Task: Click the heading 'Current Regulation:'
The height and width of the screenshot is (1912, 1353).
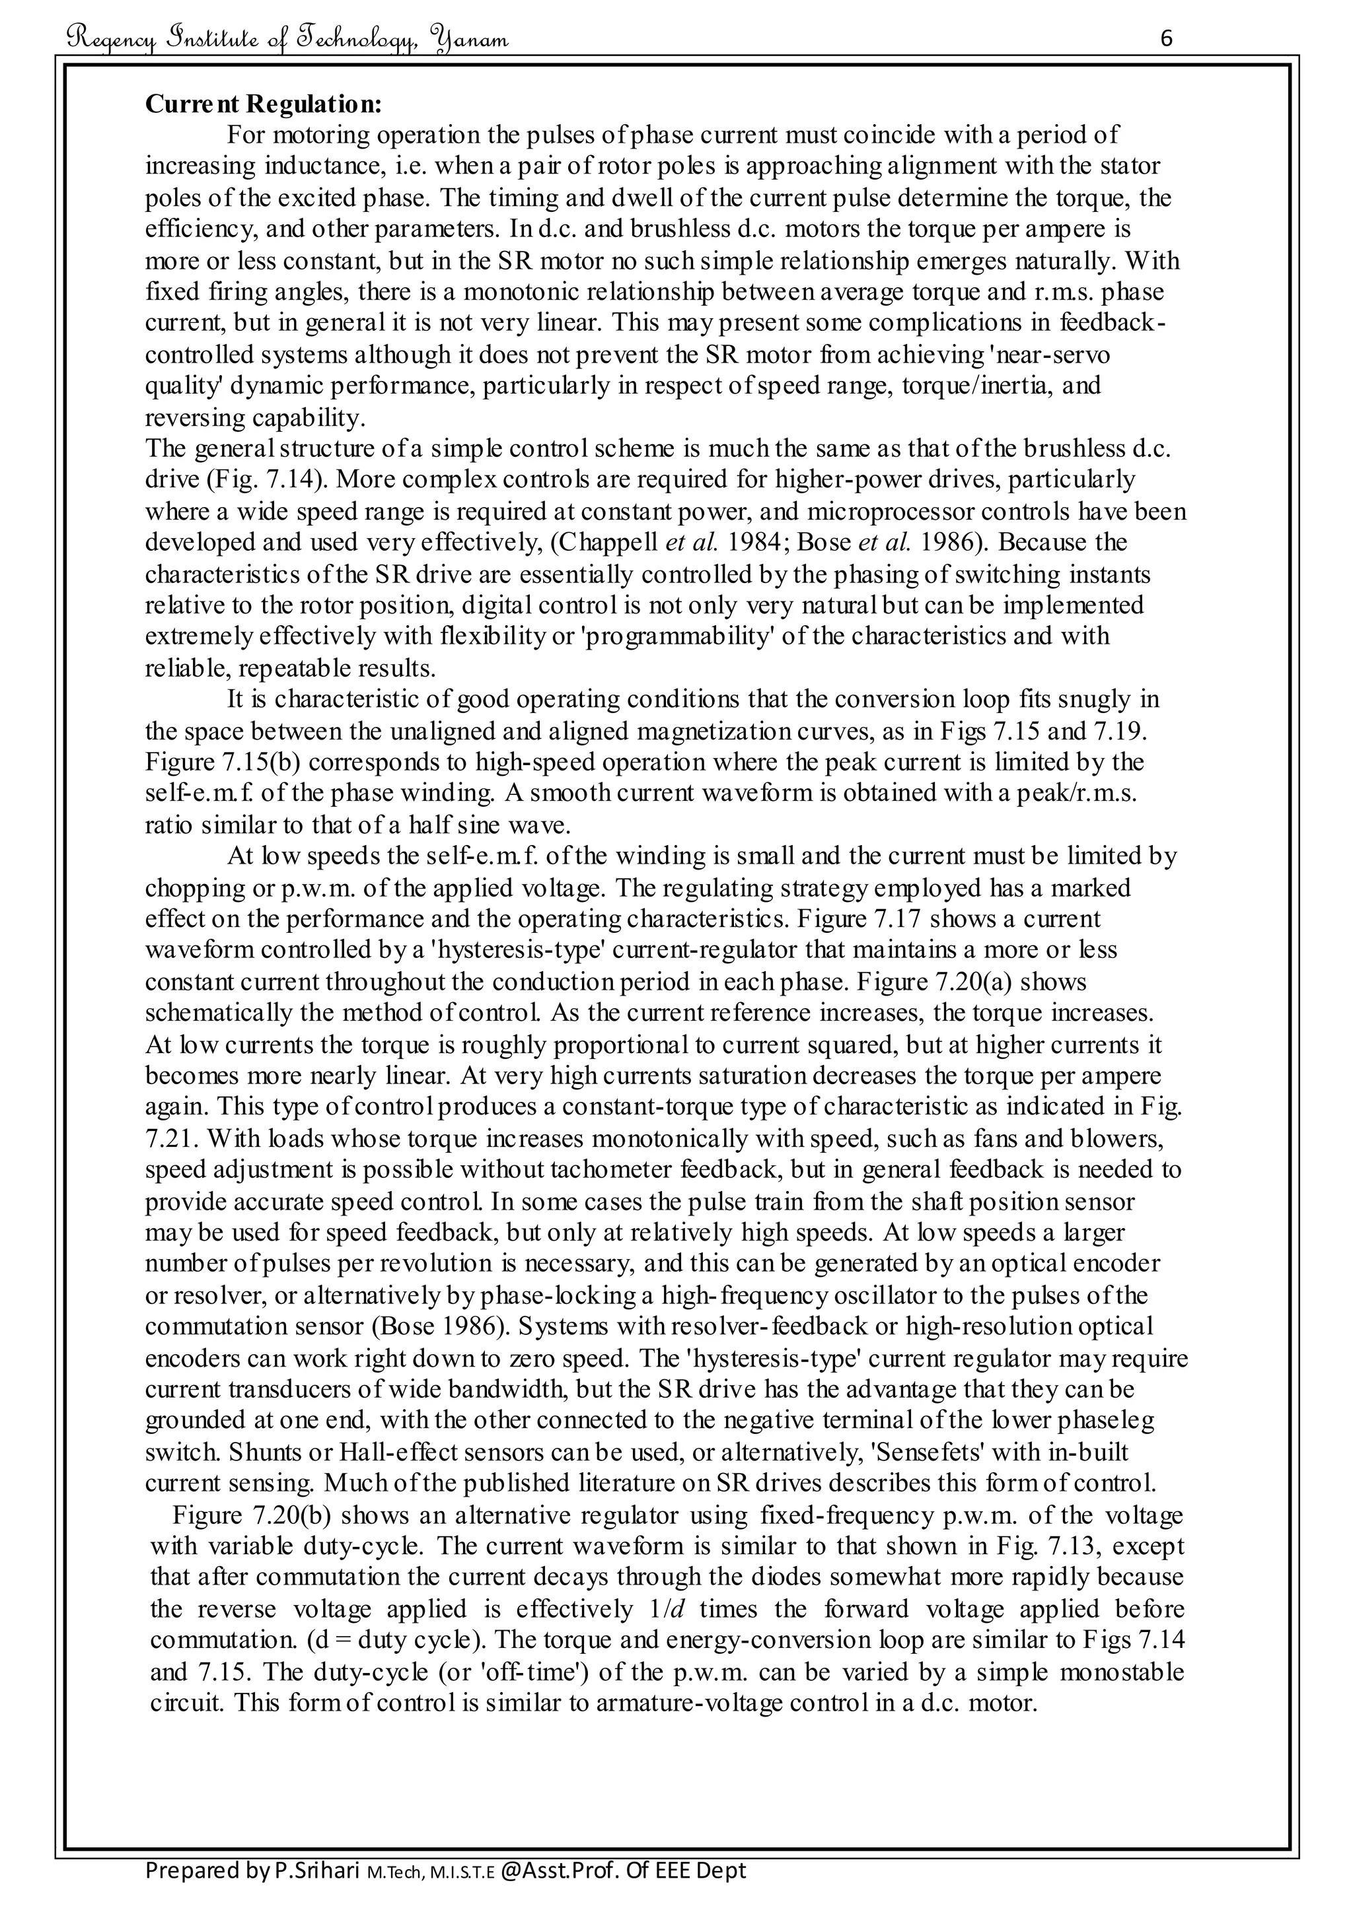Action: (264, 104)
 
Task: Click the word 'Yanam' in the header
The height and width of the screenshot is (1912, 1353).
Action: (471, 39)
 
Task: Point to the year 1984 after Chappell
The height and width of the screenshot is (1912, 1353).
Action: (754, 542)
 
